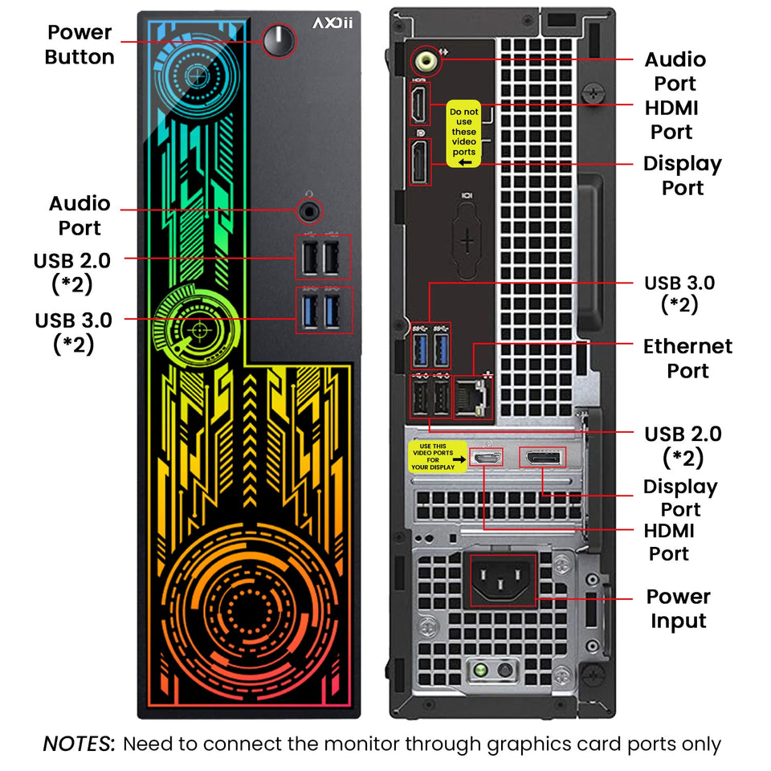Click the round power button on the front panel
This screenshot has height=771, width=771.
tap(279, 39)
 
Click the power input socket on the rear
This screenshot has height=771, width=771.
tap(503, 580)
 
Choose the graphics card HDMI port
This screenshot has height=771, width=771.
tap(486, 459)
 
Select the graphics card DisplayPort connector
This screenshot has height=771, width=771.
tap(543, 458)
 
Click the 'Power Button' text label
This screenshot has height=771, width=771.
tap(80, 45)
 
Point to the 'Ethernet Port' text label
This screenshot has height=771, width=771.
tap(687, 358)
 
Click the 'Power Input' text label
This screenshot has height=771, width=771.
tap(679, 609)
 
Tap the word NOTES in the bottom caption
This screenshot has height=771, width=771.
tap(78, 744)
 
